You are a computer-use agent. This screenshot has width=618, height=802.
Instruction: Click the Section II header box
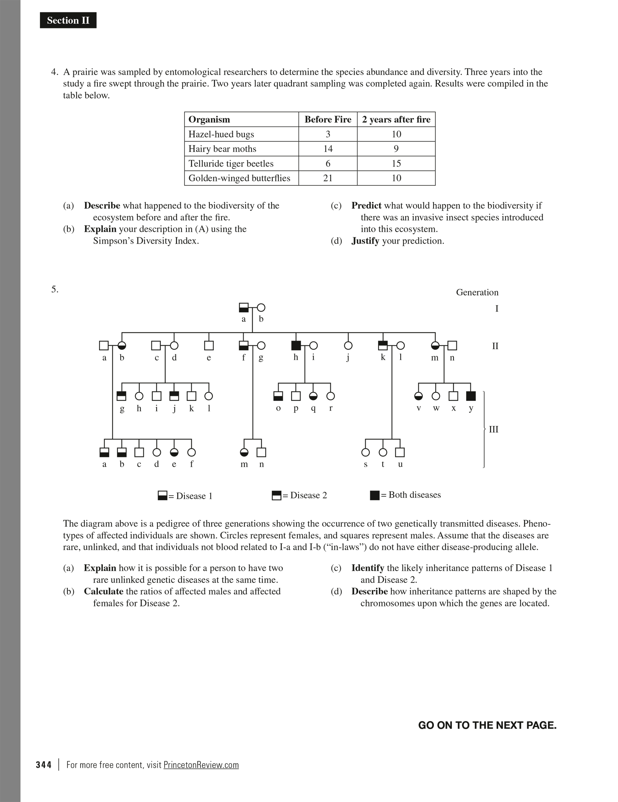68,20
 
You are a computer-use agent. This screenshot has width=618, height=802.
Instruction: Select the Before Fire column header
328,119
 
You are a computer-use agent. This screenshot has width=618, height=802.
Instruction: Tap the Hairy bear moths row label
222,149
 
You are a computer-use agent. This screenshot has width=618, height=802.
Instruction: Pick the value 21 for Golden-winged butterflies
328,178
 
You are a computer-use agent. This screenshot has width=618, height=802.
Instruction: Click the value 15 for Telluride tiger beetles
396,163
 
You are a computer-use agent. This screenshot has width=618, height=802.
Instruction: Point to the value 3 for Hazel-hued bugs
328,134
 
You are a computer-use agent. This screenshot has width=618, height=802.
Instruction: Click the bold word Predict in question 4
366,206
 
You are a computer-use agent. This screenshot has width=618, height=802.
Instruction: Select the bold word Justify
365,241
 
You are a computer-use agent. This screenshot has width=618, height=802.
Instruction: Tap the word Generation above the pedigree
477,292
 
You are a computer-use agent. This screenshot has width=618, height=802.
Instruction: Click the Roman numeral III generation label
493,429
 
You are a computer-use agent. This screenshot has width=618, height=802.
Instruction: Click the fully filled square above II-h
296,345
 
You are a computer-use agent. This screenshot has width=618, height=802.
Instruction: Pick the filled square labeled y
471,396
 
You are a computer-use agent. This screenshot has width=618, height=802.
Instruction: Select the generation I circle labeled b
261,308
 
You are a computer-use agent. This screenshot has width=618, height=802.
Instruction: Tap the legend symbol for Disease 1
163,495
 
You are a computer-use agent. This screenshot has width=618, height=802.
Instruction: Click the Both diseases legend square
375,495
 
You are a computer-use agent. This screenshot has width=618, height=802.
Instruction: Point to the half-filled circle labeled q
313,396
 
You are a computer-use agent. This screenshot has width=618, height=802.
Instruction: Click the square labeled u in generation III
400,452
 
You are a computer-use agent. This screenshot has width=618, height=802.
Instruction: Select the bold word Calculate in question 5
103,591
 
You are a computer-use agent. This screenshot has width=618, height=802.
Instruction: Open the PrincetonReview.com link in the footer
201,765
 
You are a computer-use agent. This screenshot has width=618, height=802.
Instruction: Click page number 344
44,765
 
